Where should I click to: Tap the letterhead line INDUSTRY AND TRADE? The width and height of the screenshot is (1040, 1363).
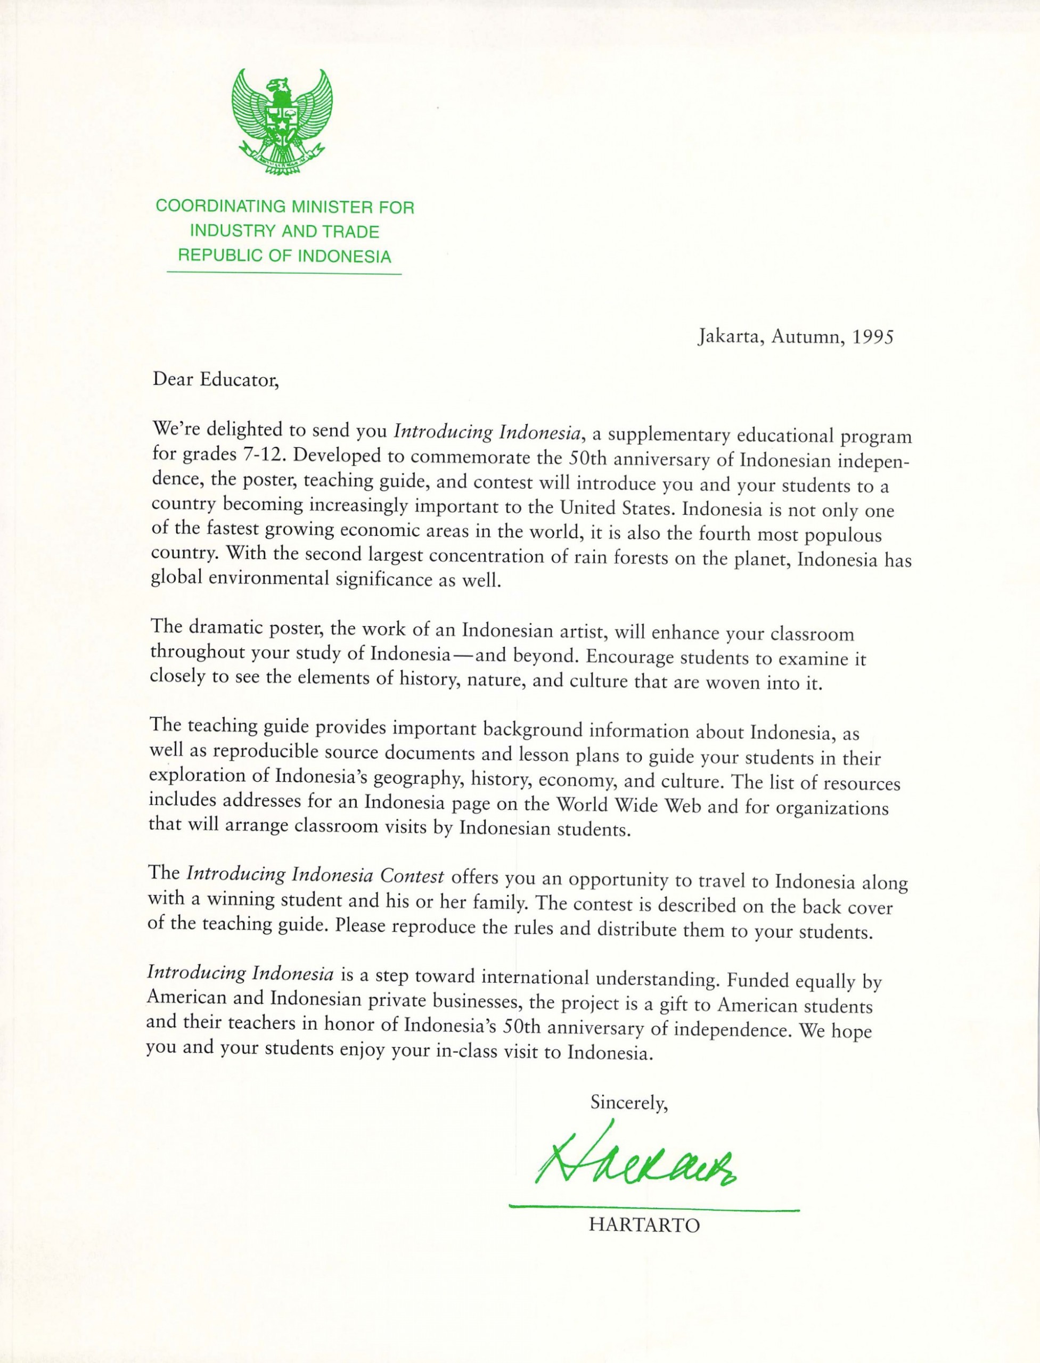pyautogui.click(x=284, y=232)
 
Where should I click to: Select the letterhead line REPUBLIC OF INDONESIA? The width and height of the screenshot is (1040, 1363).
pyautogui.click(x=285, y=256)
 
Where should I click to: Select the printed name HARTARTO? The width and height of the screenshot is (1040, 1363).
pyautogui.click(x=644, y=1225)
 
